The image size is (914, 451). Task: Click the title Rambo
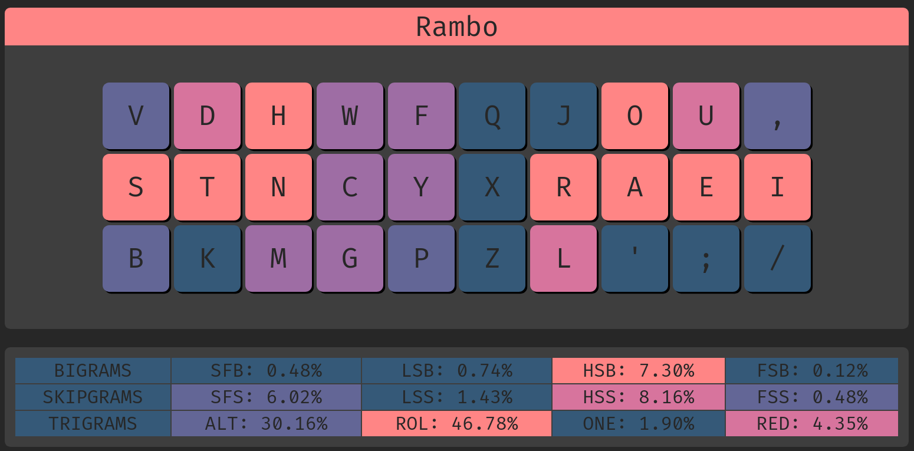tap(456, 27)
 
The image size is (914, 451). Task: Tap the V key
tap(136, 116)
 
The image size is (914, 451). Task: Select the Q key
tap(492, 116)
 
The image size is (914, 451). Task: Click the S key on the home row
tap(136, 187)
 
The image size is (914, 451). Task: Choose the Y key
tap(420, 187)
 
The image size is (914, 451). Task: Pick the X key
tap(492, 187)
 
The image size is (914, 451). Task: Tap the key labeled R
tap(563, 187)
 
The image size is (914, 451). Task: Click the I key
tap(777, 187)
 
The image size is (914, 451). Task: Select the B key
tap(136, 258)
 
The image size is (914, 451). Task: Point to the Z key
tap(492, 258)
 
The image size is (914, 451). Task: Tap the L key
tap(563, 258)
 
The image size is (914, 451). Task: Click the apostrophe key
tap(634, 258)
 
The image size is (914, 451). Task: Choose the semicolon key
tap(706, 258)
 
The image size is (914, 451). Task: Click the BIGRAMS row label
tap(93, 371)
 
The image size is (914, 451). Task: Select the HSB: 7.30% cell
tap(639, 371)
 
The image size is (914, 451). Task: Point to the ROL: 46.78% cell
tap(456, 423)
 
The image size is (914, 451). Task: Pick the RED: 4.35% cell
tap(811, 423)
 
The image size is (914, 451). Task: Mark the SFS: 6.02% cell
tap(266, 397)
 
